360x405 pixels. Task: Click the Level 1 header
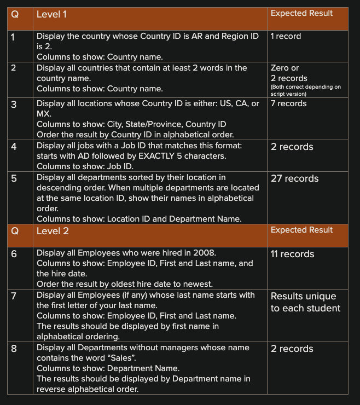click(51, 14)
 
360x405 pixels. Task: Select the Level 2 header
click(52, 231)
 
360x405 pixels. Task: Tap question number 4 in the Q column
click(14, 146)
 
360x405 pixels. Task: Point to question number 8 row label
click(14, 348)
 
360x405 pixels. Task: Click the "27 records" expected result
click(294, 178)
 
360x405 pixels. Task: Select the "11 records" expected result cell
click(292, 254)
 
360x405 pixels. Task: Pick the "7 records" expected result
click(288, 103)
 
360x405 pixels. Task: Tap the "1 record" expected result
click(286, 36)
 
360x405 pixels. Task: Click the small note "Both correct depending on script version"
click(305, 90)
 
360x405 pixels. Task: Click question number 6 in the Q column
click(14, 254)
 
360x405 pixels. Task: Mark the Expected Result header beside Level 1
click(301, 13)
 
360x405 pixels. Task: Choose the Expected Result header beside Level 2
click(301, 230)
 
